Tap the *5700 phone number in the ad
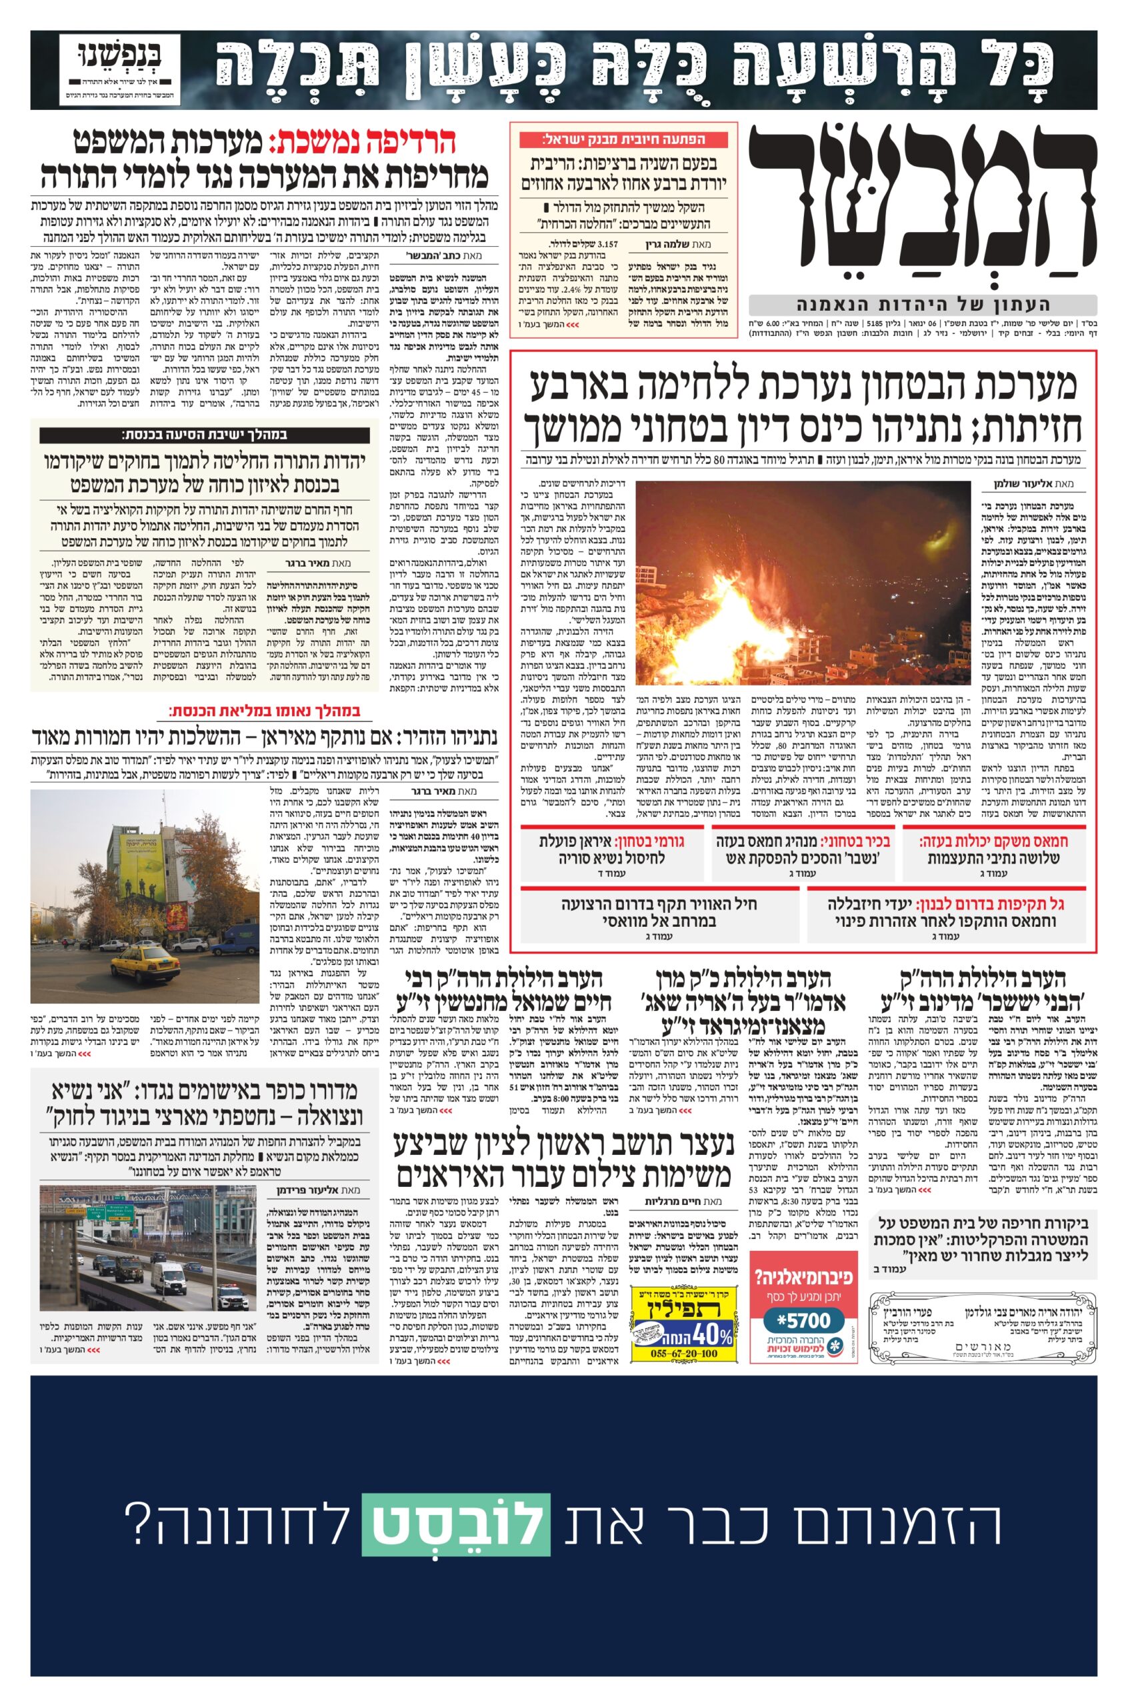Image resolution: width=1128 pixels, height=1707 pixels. (803, 1300)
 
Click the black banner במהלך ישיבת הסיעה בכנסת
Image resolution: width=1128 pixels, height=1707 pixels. (204, 435)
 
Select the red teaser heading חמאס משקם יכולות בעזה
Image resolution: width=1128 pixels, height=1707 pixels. (999, 841)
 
